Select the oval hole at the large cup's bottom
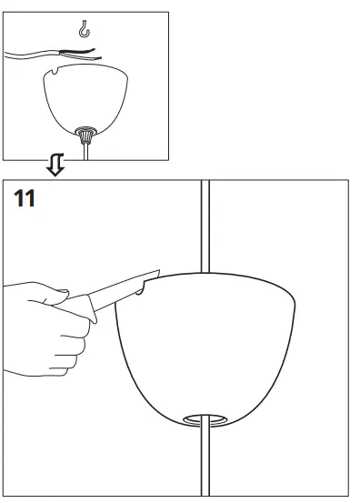pos(205,419)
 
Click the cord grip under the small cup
pos(87,134)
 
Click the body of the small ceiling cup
pos(87,100)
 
